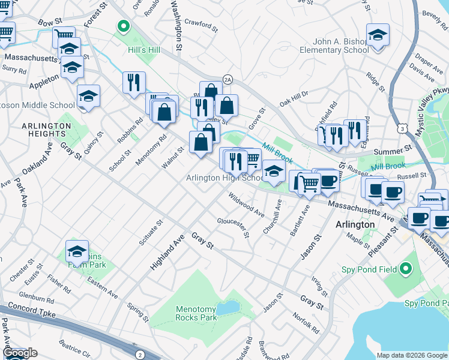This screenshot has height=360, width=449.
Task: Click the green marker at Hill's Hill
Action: click(x=124, y=26)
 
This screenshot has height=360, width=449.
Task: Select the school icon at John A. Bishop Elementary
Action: click(x=378, y=35)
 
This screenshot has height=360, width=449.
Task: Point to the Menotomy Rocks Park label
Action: click(x=196, y=313)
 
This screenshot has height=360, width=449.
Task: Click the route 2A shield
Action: click(x=228, y=79)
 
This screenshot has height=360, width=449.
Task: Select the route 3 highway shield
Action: click(x=400, y=128)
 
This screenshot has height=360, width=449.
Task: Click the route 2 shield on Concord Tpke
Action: click(x=140, y=354)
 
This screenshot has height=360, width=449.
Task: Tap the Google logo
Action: click(x=20, y=353)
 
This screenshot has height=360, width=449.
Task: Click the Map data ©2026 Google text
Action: click(x=412, y=355)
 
